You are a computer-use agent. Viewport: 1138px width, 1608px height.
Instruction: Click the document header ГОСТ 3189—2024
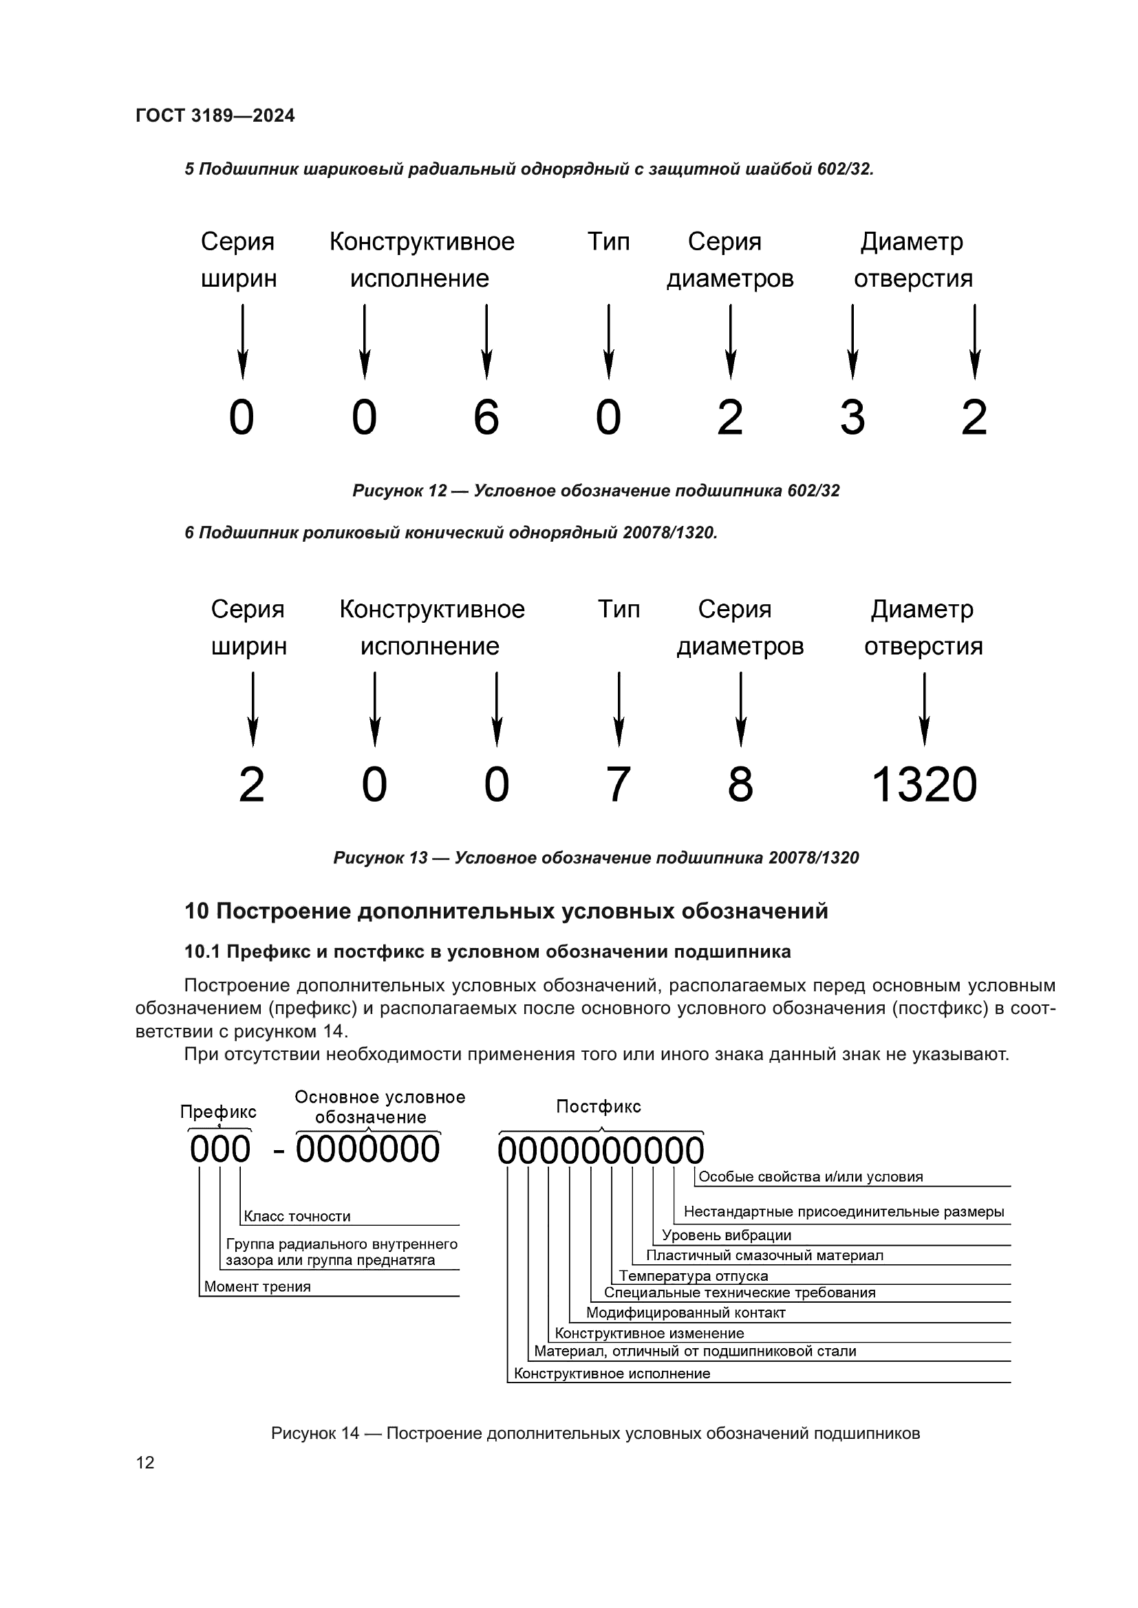[x=215, y=115]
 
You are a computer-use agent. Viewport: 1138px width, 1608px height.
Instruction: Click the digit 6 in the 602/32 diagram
[x=486, y=417]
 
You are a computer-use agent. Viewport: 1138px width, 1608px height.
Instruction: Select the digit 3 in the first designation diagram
[x=852, y=417]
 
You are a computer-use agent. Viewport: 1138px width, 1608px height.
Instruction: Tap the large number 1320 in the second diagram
[x=923, y=784]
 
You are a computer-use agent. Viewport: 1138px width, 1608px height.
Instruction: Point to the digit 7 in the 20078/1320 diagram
[x=618, y=784]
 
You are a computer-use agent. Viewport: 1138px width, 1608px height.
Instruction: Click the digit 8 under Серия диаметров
[x=740, y=784]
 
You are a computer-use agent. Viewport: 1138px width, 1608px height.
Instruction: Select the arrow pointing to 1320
[x=924, y=709]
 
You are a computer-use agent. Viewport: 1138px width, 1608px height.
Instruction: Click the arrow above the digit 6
[x=486, y=341]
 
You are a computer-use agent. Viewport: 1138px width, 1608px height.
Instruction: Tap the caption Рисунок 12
[x=596, y=490]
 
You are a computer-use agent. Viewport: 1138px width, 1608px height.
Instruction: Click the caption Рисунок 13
[x=596, y=858]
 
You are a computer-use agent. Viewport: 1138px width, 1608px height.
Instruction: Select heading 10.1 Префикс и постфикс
[x=487, y=951]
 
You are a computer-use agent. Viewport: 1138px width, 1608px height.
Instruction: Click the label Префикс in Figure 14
[x=218, y=1112]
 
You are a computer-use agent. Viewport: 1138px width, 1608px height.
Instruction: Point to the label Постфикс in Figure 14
[x=599, y=1106]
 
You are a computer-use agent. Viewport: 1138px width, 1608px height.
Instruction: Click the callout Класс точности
[x=297, y=1217]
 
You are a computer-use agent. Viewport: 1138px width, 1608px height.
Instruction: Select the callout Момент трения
[x=257, y=1286]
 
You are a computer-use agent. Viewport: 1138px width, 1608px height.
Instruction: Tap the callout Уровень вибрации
[x=726, y=1235]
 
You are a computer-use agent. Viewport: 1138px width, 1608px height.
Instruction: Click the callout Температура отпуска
[x=693, y=1276]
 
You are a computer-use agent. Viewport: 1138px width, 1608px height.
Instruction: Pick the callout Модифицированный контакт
[x=685, y=1312]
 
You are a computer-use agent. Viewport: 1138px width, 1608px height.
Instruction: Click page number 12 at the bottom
[x=145, y=1462]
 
